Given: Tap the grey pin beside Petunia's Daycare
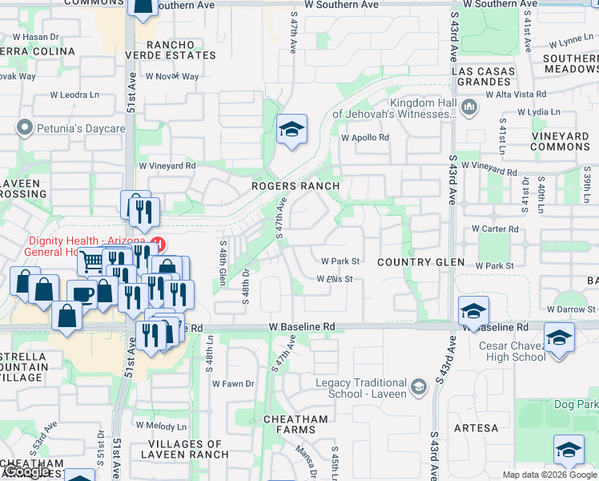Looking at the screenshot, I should pos(26,128).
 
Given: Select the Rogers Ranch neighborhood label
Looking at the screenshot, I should pos(295,186).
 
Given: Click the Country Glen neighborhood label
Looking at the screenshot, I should pos(420,262).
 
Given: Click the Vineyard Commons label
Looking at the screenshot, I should pos(560,142).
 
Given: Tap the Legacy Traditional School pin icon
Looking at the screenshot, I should pos(418,389).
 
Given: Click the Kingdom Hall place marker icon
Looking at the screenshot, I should pos(469,106).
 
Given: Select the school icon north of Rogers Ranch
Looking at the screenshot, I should pos(291,129).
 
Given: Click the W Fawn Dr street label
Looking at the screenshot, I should pos(233,384).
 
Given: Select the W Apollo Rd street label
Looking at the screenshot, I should pos(364,137).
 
